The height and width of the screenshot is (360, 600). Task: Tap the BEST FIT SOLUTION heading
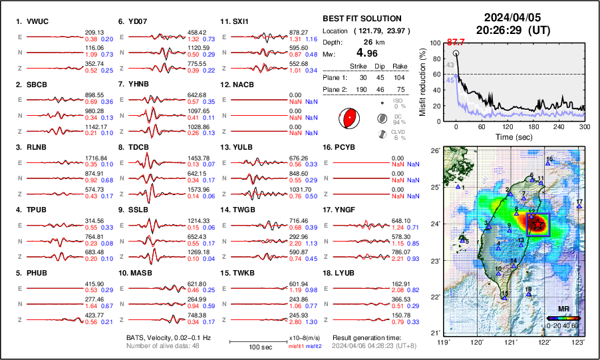361,19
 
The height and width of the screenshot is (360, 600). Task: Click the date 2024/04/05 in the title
507,17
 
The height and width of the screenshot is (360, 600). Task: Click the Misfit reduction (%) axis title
421,81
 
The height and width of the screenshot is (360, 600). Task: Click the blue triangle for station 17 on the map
579,207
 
